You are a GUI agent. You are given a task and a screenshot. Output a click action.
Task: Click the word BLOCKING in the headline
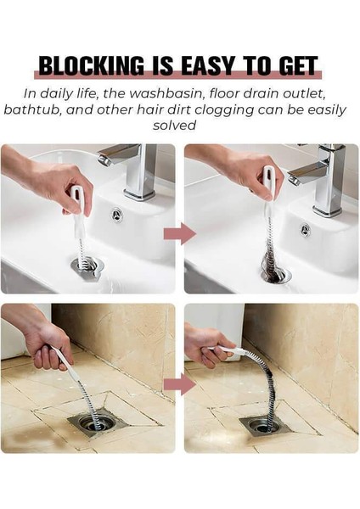click(92, 66)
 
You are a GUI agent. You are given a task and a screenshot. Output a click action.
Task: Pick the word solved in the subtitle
click(175, 126)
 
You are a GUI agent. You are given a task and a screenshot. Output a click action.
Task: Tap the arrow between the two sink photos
click(180, 233)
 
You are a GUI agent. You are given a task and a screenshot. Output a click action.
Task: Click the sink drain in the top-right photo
click(274, 272)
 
